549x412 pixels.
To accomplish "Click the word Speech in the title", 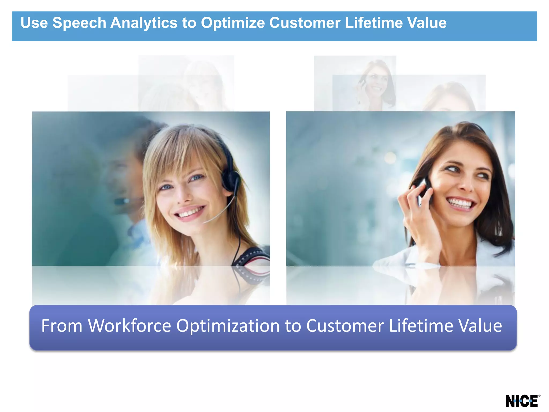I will point(79,23).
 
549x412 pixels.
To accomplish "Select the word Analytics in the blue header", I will point(144,23).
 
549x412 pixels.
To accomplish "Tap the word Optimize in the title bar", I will point(233,23).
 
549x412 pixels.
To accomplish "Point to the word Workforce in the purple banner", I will point(130,326).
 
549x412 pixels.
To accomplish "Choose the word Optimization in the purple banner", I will point(228,326).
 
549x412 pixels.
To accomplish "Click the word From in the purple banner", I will point(62,326).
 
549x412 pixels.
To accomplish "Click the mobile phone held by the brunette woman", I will point(425,188).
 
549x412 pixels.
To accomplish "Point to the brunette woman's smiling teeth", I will point(461,203).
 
